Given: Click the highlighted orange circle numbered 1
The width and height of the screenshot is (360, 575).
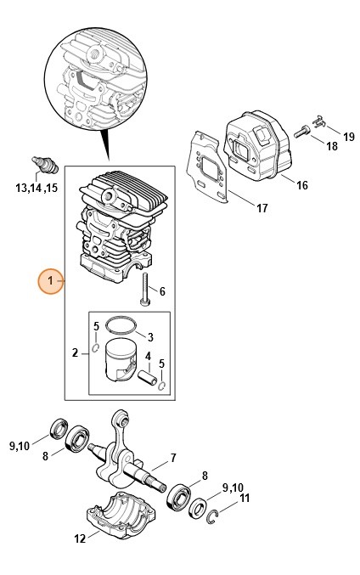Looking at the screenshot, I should pos(49,280).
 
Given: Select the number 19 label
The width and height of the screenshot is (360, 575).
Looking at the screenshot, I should pos(348,136).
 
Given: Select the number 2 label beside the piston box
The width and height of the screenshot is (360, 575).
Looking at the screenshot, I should pos(75,352).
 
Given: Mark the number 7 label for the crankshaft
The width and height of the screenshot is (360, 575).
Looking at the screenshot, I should pos(172,458).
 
